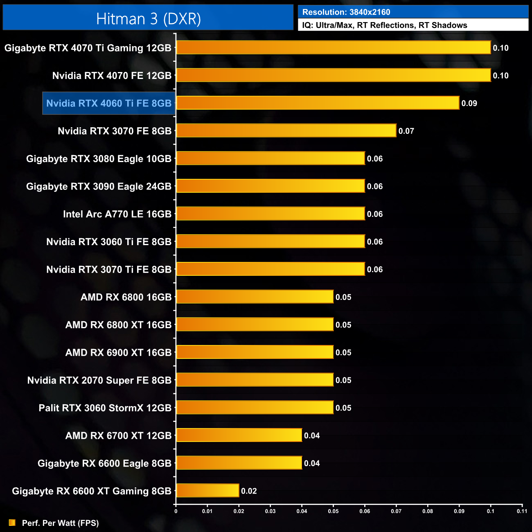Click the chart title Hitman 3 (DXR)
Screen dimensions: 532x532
148,19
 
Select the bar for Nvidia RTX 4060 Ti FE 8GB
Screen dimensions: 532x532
318,103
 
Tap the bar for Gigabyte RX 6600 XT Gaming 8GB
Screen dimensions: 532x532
207,491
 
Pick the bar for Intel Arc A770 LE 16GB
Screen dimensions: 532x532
270,214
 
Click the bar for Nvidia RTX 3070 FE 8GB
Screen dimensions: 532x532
286,131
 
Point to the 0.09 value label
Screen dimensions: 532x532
469,104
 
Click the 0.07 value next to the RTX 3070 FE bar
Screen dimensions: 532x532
406,131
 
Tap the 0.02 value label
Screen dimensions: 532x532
249,491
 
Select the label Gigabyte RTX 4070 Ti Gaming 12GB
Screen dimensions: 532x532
88,48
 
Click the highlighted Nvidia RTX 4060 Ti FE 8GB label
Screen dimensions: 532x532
109,103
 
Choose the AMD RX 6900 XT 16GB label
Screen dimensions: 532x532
118,352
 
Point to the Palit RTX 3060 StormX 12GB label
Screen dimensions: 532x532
105,408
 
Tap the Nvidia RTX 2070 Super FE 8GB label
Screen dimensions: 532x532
99,380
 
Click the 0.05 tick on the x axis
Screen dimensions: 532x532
333,511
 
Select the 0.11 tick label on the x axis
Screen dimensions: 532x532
522,511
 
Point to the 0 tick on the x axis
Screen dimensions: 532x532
176,511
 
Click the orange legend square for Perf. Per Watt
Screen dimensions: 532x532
12,523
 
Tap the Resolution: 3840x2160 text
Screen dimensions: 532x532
346,12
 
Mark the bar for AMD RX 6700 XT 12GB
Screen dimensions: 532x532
239,435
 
